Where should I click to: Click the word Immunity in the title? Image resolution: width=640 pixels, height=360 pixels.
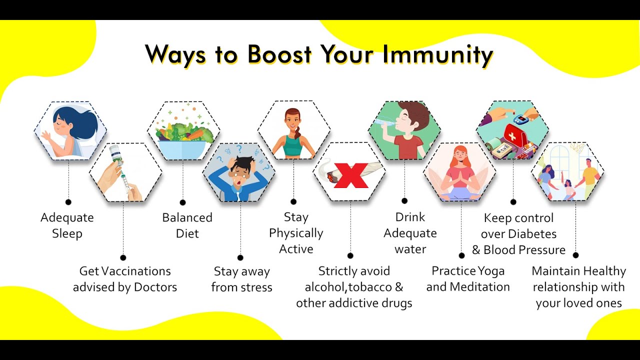click(437, 55)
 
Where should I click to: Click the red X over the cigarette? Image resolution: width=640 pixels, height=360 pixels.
click(351, 175)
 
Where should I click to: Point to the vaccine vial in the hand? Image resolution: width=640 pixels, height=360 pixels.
click(115, 154)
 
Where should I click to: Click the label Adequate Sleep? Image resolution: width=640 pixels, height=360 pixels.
click(67, 225)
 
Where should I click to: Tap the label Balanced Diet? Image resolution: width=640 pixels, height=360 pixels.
click(187, 225)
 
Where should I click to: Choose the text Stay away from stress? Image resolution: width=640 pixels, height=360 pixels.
click(241, 279)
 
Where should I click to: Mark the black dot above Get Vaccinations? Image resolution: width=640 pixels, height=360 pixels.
click(123, 257)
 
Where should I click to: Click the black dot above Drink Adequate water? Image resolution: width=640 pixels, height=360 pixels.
click(404, 201)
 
